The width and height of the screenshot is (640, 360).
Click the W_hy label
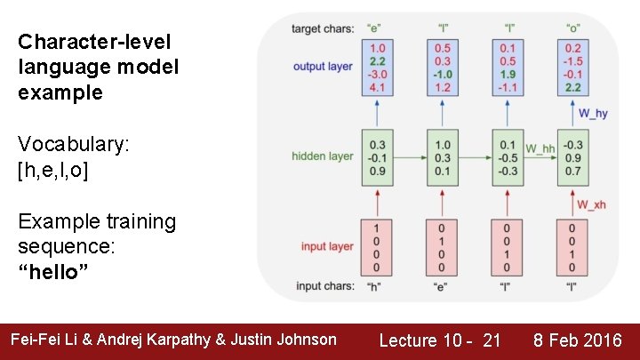(x=594, y=113)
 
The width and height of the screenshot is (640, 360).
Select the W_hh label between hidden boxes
(x=540, y=148)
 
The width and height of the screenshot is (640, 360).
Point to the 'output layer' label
(x=323, y=66)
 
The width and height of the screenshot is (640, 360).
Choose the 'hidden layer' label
(x=322, y=156)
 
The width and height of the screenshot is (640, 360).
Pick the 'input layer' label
(x=326, y=246)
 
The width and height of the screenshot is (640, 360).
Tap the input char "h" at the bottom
(x=376, y=286)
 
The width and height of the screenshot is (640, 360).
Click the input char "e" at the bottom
(x=441, y=286)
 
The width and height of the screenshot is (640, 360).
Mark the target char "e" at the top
(x=376, y=29)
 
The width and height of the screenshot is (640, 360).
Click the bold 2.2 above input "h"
(x=377, y=61)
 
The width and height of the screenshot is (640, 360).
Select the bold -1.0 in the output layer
(x=442, y=75)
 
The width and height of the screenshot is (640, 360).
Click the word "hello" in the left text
(x=53, y=270)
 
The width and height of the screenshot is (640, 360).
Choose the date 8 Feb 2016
(x=577, y=340)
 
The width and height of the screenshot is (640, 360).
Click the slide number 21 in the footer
(x=492, y=340)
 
